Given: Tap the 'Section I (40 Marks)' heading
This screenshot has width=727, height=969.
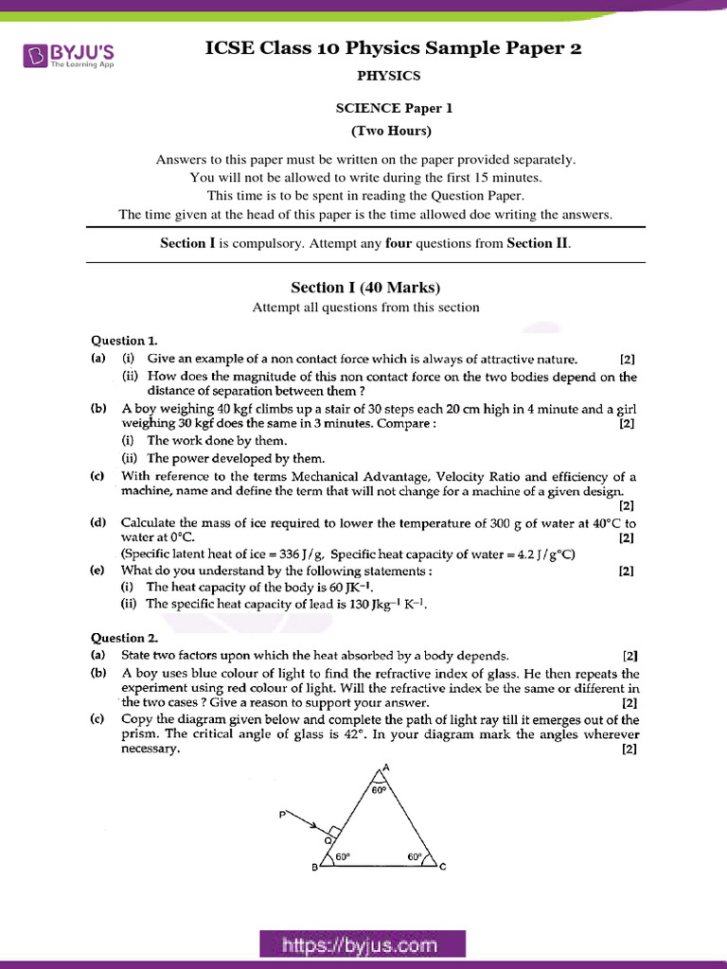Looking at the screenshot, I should point(365,288).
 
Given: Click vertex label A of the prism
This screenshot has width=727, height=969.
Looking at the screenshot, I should point(386,769).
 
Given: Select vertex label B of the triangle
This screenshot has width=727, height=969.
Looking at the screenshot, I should point(315,869).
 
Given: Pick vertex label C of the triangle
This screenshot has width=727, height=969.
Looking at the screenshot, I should point(442,868).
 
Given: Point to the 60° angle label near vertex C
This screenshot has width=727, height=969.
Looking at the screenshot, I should point(415,857).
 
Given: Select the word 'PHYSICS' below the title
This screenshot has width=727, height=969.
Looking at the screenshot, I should point(389,76).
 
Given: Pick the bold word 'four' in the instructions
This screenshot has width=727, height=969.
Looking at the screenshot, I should point(399,243).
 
